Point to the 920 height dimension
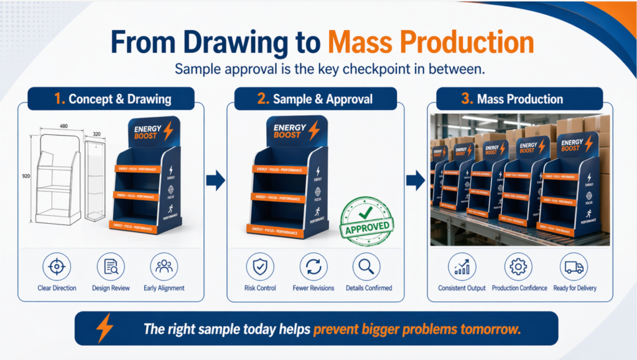coord(25,177)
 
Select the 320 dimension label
coord(96,133)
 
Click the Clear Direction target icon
coord(57,267)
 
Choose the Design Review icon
coord(111,267)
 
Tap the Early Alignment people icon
coord(165,267)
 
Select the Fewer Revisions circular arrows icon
coord(313,267)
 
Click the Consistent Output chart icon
coord(462,267)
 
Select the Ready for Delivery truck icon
coord(574,267)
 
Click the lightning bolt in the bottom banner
coord(105,328)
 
